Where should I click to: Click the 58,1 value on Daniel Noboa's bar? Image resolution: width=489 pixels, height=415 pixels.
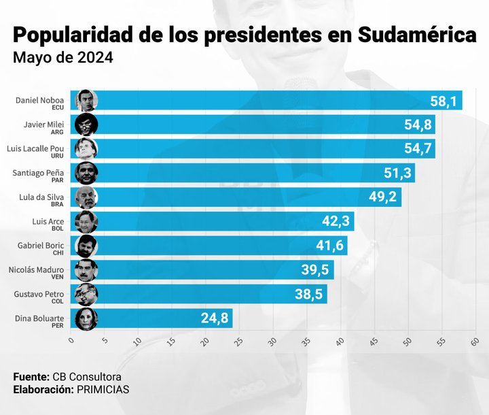[446, 101]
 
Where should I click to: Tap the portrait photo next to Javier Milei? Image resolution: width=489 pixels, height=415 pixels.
[87, 124]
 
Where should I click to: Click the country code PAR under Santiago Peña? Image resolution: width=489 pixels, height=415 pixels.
[67, 181]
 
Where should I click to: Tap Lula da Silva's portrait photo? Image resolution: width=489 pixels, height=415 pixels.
[87, 197]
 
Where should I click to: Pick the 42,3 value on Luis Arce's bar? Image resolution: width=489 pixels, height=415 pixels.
[336, 222]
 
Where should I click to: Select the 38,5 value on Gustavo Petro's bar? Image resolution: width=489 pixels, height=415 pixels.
[309, 295]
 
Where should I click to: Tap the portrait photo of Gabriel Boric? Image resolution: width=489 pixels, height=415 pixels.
[87, 246]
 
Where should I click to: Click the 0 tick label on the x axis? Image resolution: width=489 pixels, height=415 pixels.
[71, 342]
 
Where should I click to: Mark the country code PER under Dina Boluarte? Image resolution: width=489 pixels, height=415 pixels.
[67, 327]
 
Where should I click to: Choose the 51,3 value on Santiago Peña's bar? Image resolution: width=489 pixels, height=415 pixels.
[397, 173]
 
